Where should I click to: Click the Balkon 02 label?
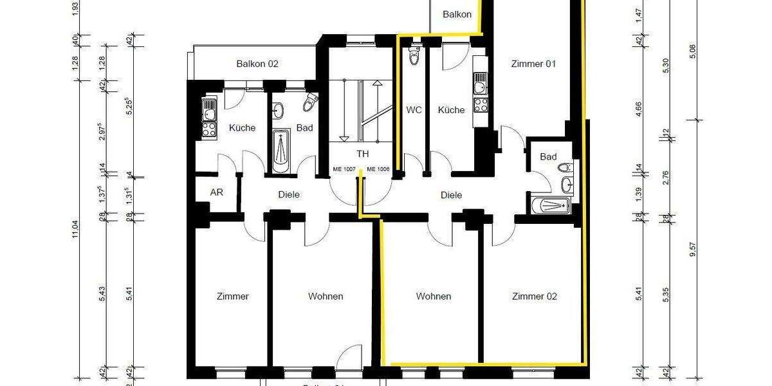tap(257, 64)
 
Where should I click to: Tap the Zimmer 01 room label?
tap(533, 64)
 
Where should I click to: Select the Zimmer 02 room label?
tap(534, 297)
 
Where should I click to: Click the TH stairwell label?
tap(363, 154)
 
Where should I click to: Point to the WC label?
tap(414, 110)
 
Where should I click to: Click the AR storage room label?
tap(216, 192)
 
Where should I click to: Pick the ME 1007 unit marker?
tap(344, 169)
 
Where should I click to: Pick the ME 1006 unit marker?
tap(378, 169)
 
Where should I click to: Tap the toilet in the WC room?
tap(414, 56)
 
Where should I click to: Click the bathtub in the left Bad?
tap(281, 151)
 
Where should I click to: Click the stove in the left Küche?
tap(209, 129)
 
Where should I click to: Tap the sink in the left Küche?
tap(209, 113)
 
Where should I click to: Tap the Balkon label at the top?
tap(457, 14)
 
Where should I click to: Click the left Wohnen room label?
tap(326, 297)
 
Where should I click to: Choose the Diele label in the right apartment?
tap(451, 195)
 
